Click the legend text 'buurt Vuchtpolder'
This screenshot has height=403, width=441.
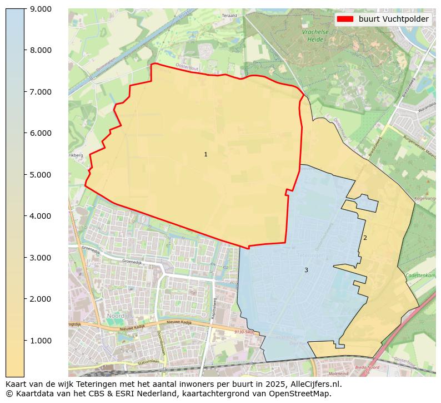(x=393, y=19)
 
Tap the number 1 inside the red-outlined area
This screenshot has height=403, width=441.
(x=206, y=154)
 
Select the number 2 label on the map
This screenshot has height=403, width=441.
(x=365, y=238)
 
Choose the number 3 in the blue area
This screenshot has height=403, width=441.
(x=306, y=270)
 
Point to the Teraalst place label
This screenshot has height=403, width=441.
(x=229, y=16)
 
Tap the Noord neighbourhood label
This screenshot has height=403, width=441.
(x=116, y=316)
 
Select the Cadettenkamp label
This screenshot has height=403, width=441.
(x=421, y=276)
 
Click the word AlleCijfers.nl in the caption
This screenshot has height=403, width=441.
(x=313, y=384)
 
